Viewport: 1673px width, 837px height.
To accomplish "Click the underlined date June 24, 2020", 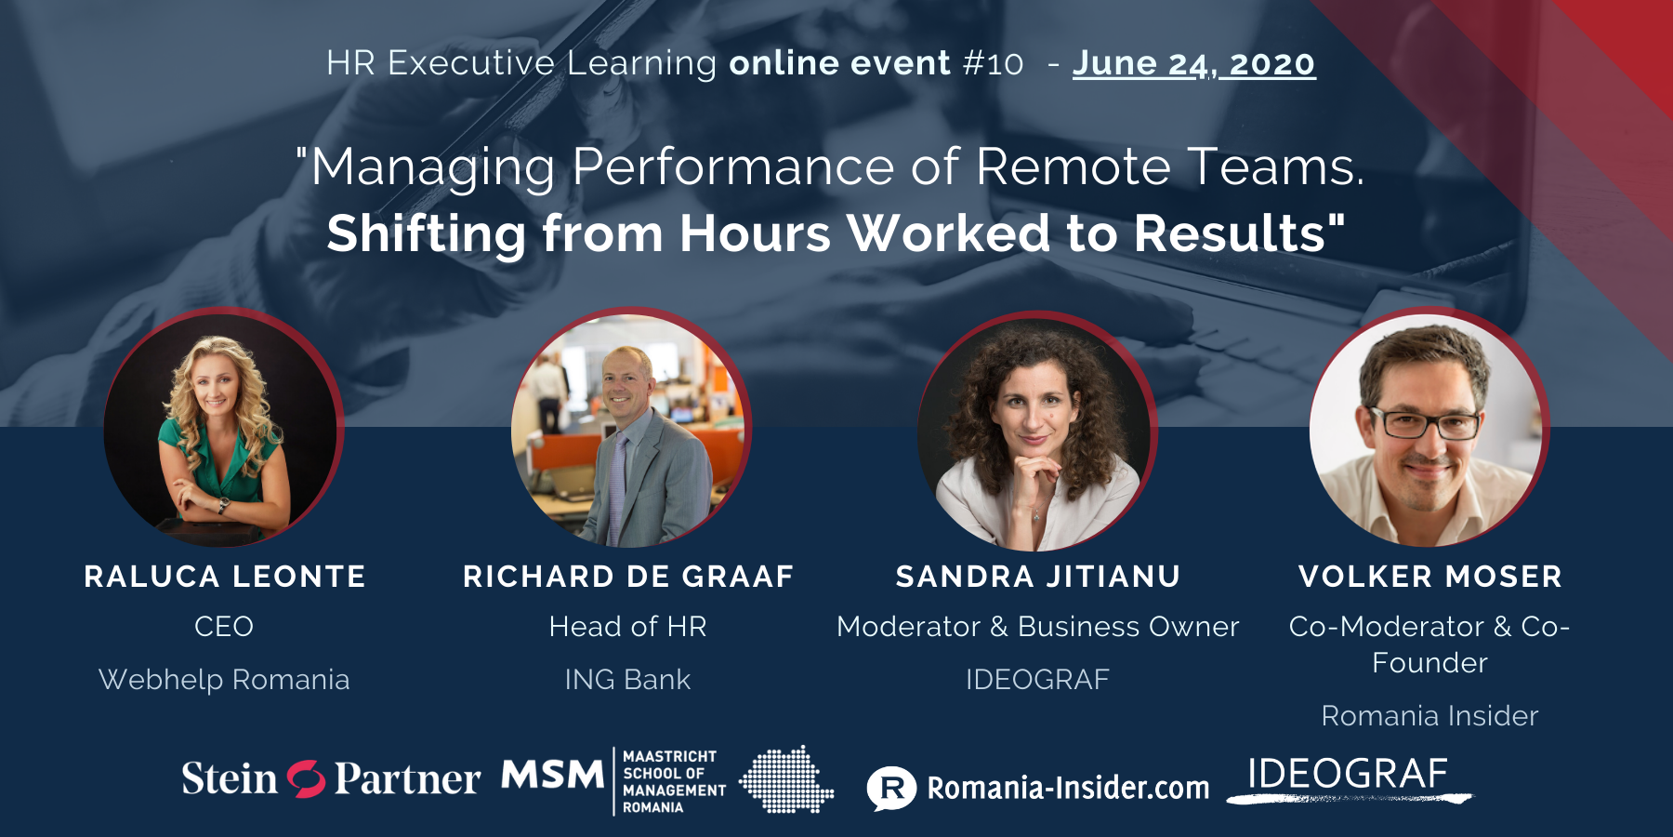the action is pyautogui.click(x=1194, y=63).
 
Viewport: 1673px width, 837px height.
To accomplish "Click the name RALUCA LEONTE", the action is pyautogui.click(x=225, y=577).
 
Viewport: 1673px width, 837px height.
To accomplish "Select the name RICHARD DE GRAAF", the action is pyautogui.click(x=628, y=577).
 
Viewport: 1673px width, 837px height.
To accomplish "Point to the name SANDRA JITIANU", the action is pyautogui.click(x=1038, y=577).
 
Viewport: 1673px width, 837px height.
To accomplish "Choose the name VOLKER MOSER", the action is pyautogui.click(x=1430, y=577).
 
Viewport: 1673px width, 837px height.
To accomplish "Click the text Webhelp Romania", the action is pyautogui.click(x=224, y=680).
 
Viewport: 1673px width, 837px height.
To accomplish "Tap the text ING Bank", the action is pyautogui.click(x=628, y=680).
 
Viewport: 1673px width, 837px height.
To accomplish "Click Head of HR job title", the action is pyautogui.click(x=628, y=627).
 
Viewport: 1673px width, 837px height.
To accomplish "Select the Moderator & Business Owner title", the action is pyautogui.click(x=1038, y=627).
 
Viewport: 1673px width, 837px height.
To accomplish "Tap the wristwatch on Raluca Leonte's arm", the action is pyautogui.click(x=223, y=506).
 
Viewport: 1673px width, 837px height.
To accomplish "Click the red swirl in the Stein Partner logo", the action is pyautogui.click(x=306, y=779).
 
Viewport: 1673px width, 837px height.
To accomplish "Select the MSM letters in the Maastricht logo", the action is pyautogui.click(x=553, y=775).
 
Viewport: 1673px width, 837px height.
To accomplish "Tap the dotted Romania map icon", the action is pyautogui.click(x=786, y=779).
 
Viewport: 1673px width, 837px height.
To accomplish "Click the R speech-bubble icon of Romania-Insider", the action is pyautogui.click(x=891, y=788).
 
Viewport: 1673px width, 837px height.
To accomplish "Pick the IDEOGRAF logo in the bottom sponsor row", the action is pyautogui.click(x=1349, y=777).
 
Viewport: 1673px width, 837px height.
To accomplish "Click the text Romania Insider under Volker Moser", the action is pyautogui.click(x=1430, y=716).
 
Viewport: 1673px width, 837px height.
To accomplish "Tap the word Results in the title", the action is pyautogui.click(x=1239, y=233).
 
